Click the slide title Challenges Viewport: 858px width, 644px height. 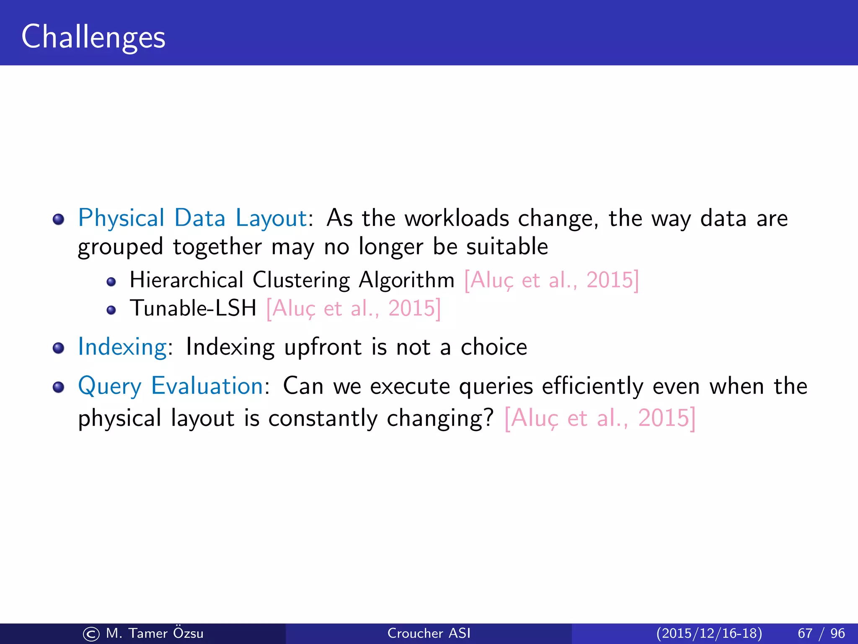(x=93, y=37)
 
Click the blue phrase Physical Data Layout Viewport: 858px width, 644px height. (x=193, y=218)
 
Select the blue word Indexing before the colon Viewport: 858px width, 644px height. (x=122, y=347)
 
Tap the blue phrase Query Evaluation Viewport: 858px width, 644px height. (x=171, y=386)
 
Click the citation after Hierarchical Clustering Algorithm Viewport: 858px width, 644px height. (x=551, y=280)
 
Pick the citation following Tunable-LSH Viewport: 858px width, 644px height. (x=354, y=309)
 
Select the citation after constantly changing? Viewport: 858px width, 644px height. (x=600, y=418)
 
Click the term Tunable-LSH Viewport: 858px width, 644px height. (x=193, y=309)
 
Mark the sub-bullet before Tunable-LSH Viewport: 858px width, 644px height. (x=111, y=310)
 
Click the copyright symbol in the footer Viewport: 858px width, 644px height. (x=91, y=634)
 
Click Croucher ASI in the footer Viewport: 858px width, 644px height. (x=429, y=633)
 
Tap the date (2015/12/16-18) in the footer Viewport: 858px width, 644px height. (x=709, y=633)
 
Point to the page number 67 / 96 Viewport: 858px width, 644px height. (x=821, y=633)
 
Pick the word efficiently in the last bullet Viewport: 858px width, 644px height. (x=592, y=387)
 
